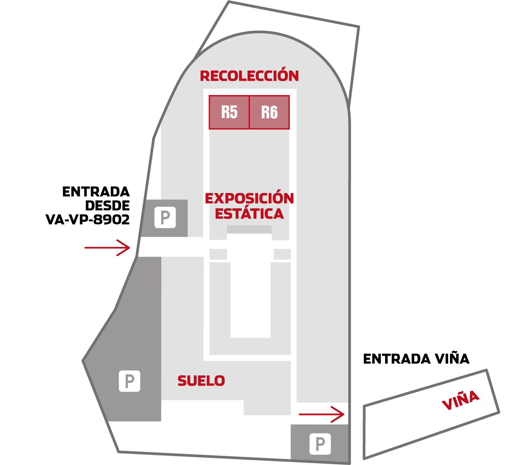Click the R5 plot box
click(x=229, y=112)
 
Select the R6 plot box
click(x=270, y=112)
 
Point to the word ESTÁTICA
click(x=249, y=214)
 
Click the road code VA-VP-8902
click(x=87, y=219)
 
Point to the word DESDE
click(x=108, y=205)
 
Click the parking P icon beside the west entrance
click(x=165, y=217)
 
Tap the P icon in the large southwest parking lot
click(x=129, y=381)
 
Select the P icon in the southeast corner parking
click(x=320, y=444)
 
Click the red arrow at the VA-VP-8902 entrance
click(x=107, y=248)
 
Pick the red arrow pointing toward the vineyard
click(x=321, y=414)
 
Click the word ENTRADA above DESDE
click(x=96, y=192)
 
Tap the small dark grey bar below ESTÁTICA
click(x=249, y=229)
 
